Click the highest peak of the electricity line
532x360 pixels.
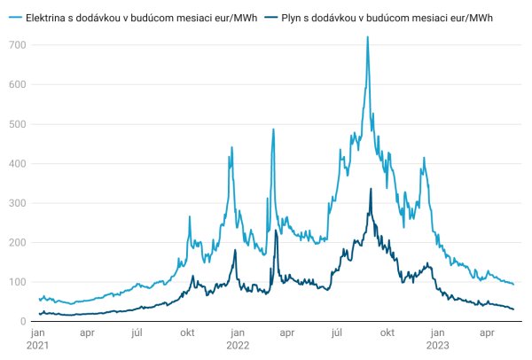point(367,37)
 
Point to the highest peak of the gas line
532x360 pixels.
point(371,189)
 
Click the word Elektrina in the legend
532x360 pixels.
point(47,19)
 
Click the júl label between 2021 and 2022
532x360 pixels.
point(137,334)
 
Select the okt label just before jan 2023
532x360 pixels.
point(387,334)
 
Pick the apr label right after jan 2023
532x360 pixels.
point(486,334)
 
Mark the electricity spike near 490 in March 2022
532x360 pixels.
point(273,129)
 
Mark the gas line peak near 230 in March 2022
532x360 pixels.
point(276,231)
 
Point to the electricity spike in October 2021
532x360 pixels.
point(189,216)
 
